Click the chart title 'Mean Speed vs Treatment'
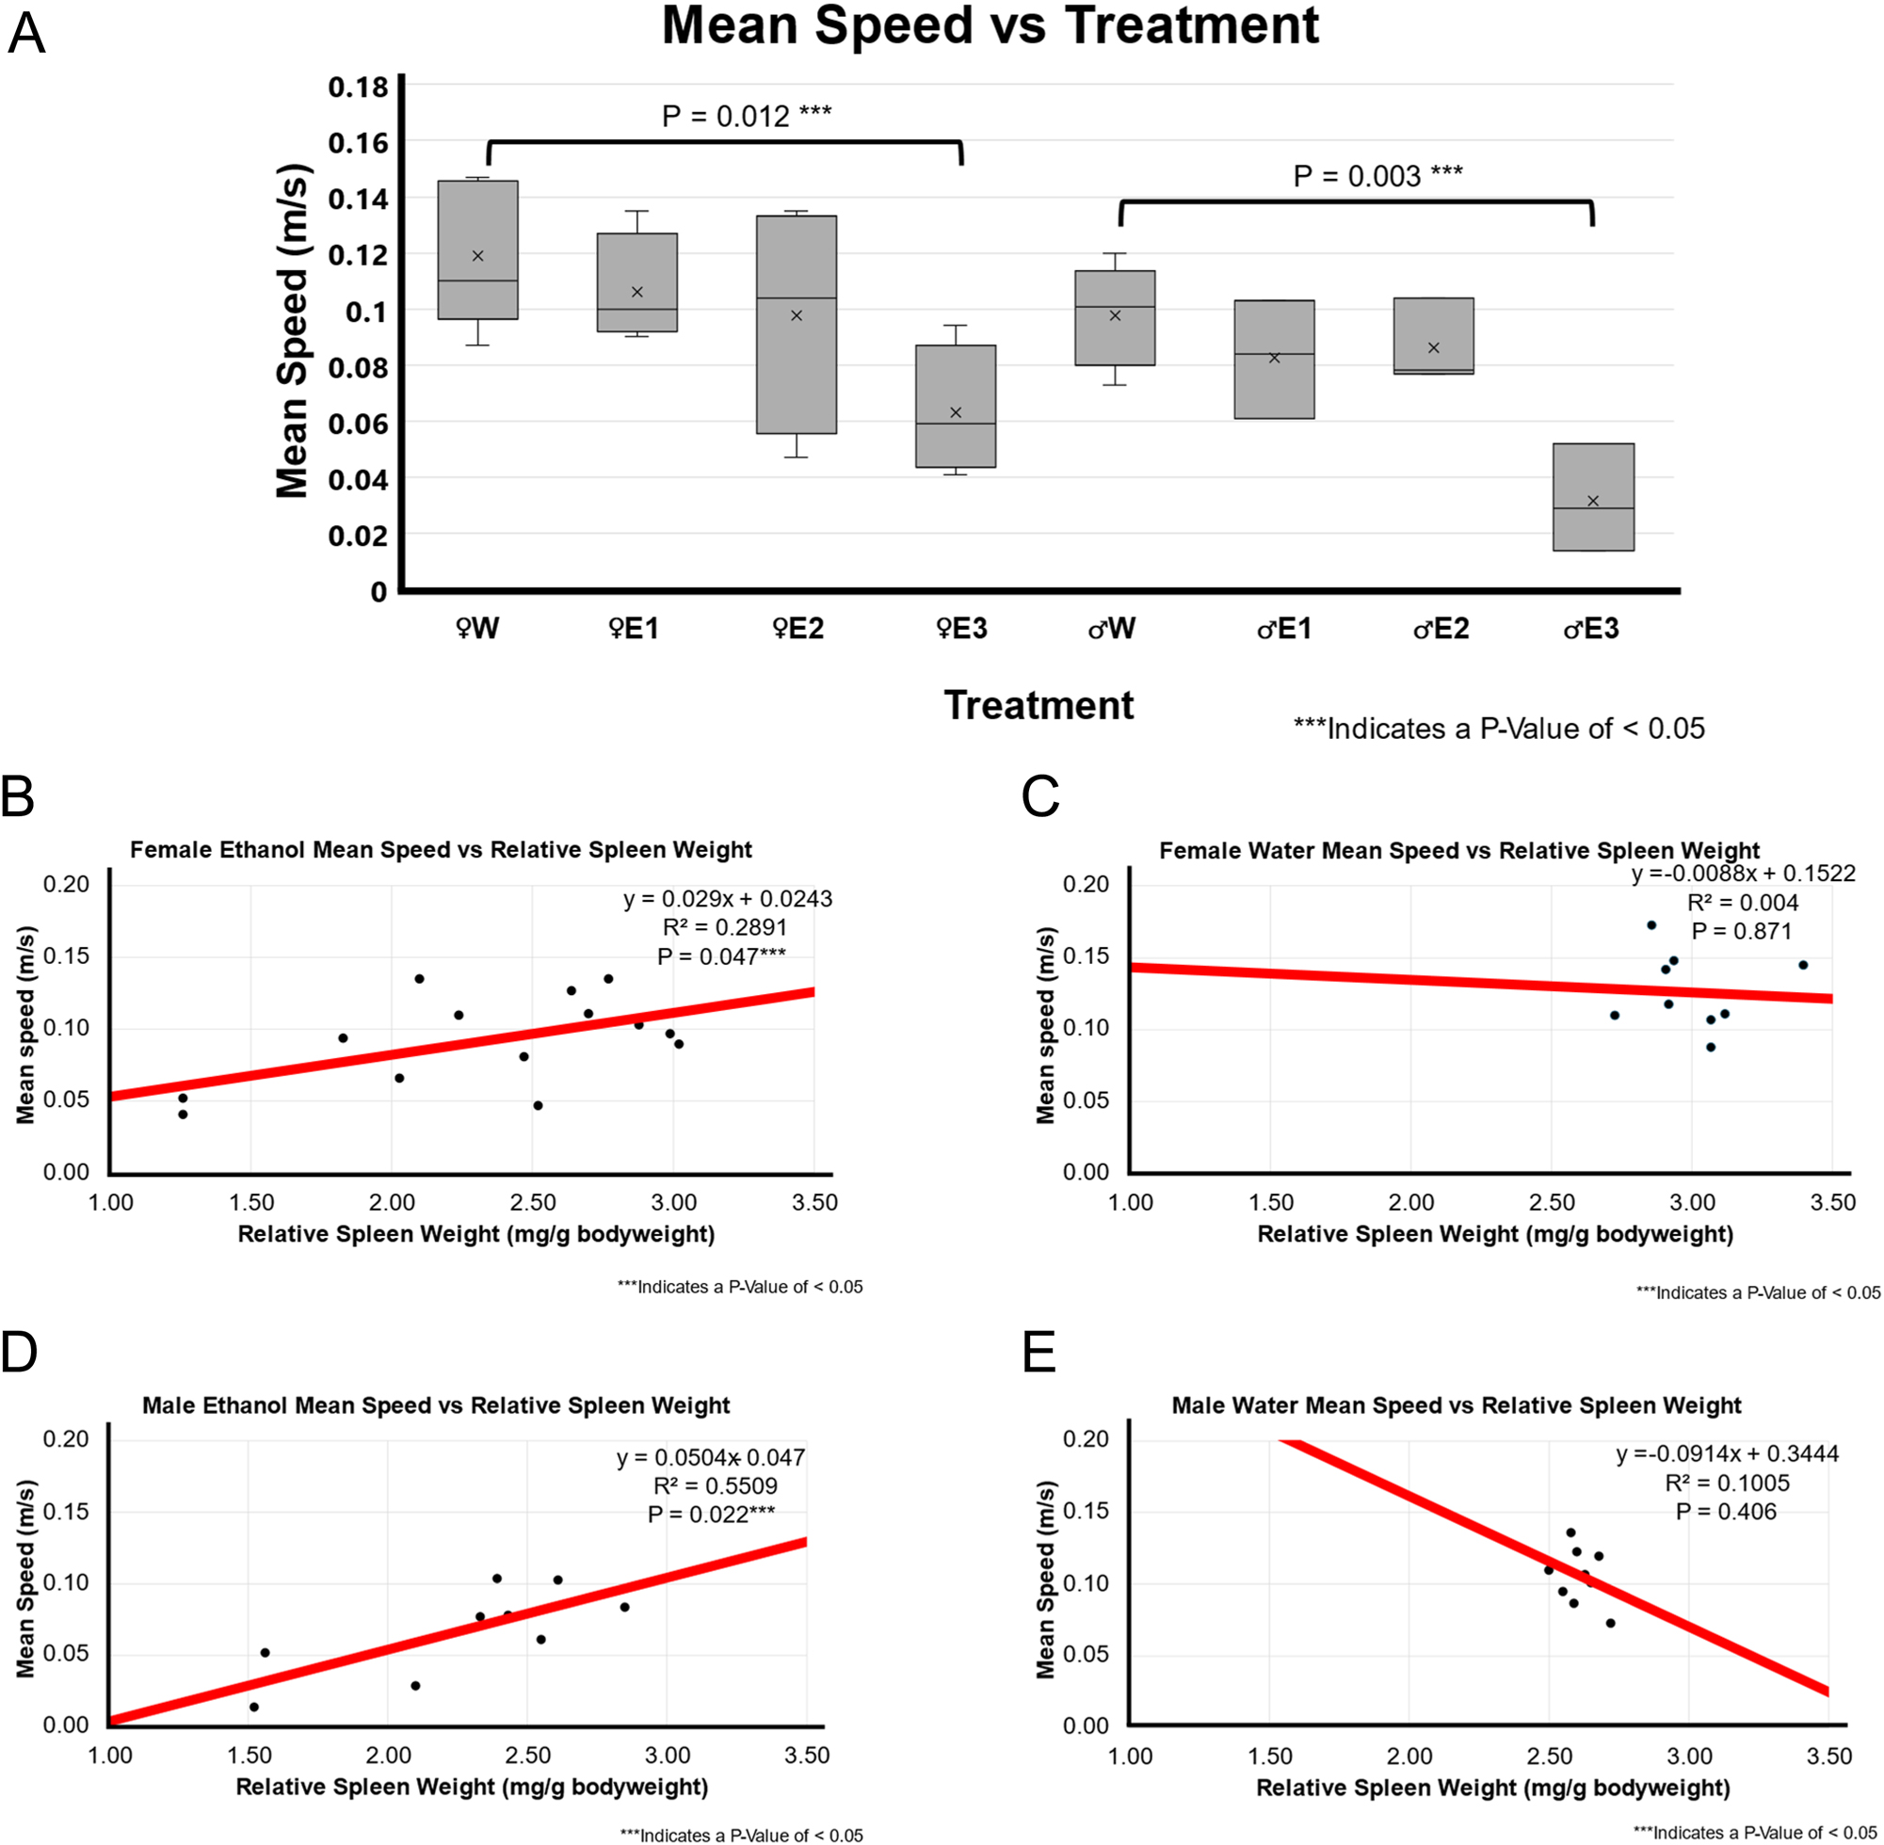[x=990, y=27]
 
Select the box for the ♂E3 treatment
[x=1592, y=497]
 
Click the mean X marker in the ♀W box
[x=476, y=256]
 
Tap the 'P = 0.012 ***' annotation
[x=747, y=117]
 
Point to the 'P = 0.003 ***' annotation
[x=1377, y=176]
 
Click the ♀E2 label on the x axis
[x=797, y=629]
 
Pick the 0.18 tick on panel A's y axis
[x=358, y=88]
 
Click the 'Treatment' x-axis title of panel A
[x=1038, y=705]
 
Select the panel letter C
[x=1039, y=797]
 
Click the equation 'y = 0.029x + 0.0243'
[x=727, y=899]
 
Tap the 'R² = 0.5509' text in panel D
[x=715, y=1485]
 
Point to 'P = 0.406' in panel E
[x=1726, y=1512]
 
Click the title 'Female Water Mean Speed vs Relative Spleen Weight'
[x=1458, y=851]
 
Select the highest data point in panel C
[x=1651, y=925]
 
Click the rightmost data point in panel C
[x=1803, y=965]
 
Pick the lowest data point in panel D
[x=254, y=1708]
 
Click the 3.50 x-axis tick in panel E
[x=1828, y=1756]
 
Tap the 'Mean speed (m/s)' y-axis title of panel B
[x=26, y=1025]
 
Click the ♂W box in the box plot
[x=1115, y=318]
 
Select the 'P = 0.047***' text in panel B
[x=721, y=957]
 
